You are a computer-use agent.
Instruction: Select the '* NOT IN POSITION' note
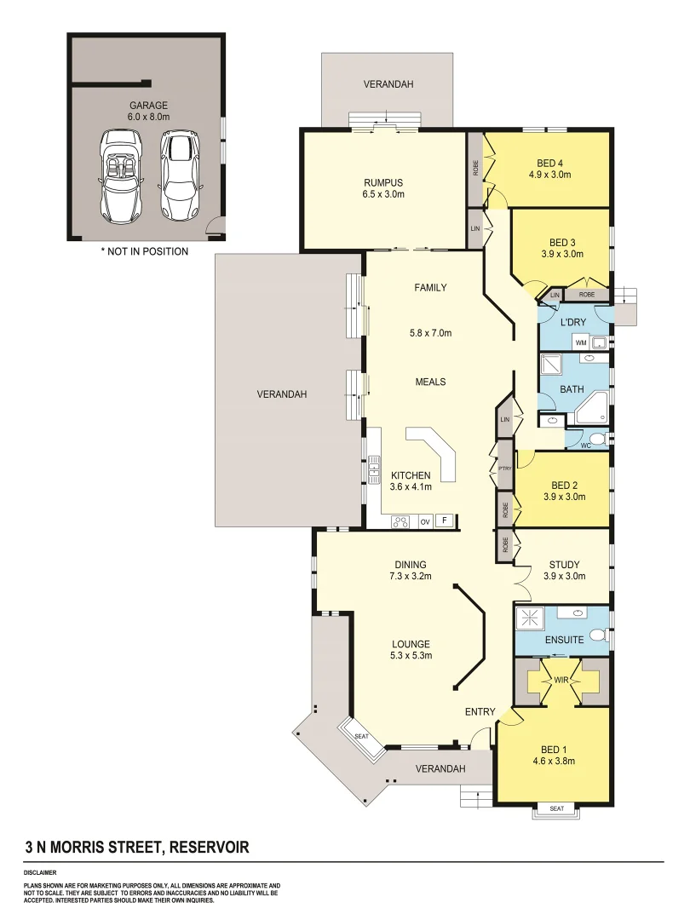[144, 251]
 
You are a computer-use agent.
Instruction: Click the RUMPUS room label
[382, 182]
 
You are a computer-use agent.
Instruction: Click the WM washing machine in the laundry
[581, 342]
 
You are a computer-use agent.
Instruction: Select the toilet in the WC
[598, 440]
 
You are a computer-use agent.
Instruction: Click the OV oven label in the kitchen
[425, 521]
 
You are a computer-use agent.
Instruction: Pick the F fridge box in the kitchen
[444, 520]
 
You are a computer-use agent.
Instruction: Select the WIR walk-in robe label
[561, 681]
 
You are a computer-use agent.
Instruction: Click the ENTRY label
[480, 711]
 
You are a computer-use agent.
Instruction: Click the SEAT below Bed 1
[556, 808]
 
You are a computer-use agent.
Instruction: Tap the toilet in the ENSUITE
[598, 636]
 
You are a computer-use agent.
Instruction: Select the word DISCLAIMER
[41, 872]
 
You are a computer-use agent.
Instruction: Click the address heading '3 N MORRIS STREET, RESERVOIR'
[137, 848]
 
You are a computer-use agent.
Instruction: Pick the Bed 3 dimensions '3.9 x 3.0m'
[561, 253]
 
